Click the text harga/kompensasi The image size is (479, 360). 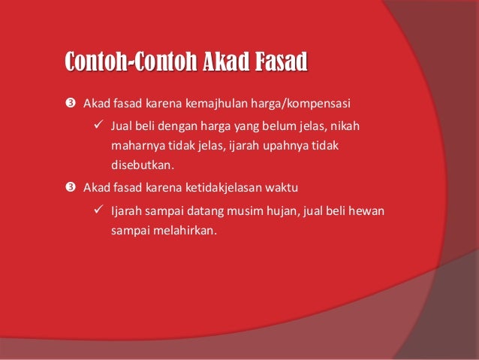(297, 102)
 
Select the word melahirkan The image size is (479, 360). (185, 231)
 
